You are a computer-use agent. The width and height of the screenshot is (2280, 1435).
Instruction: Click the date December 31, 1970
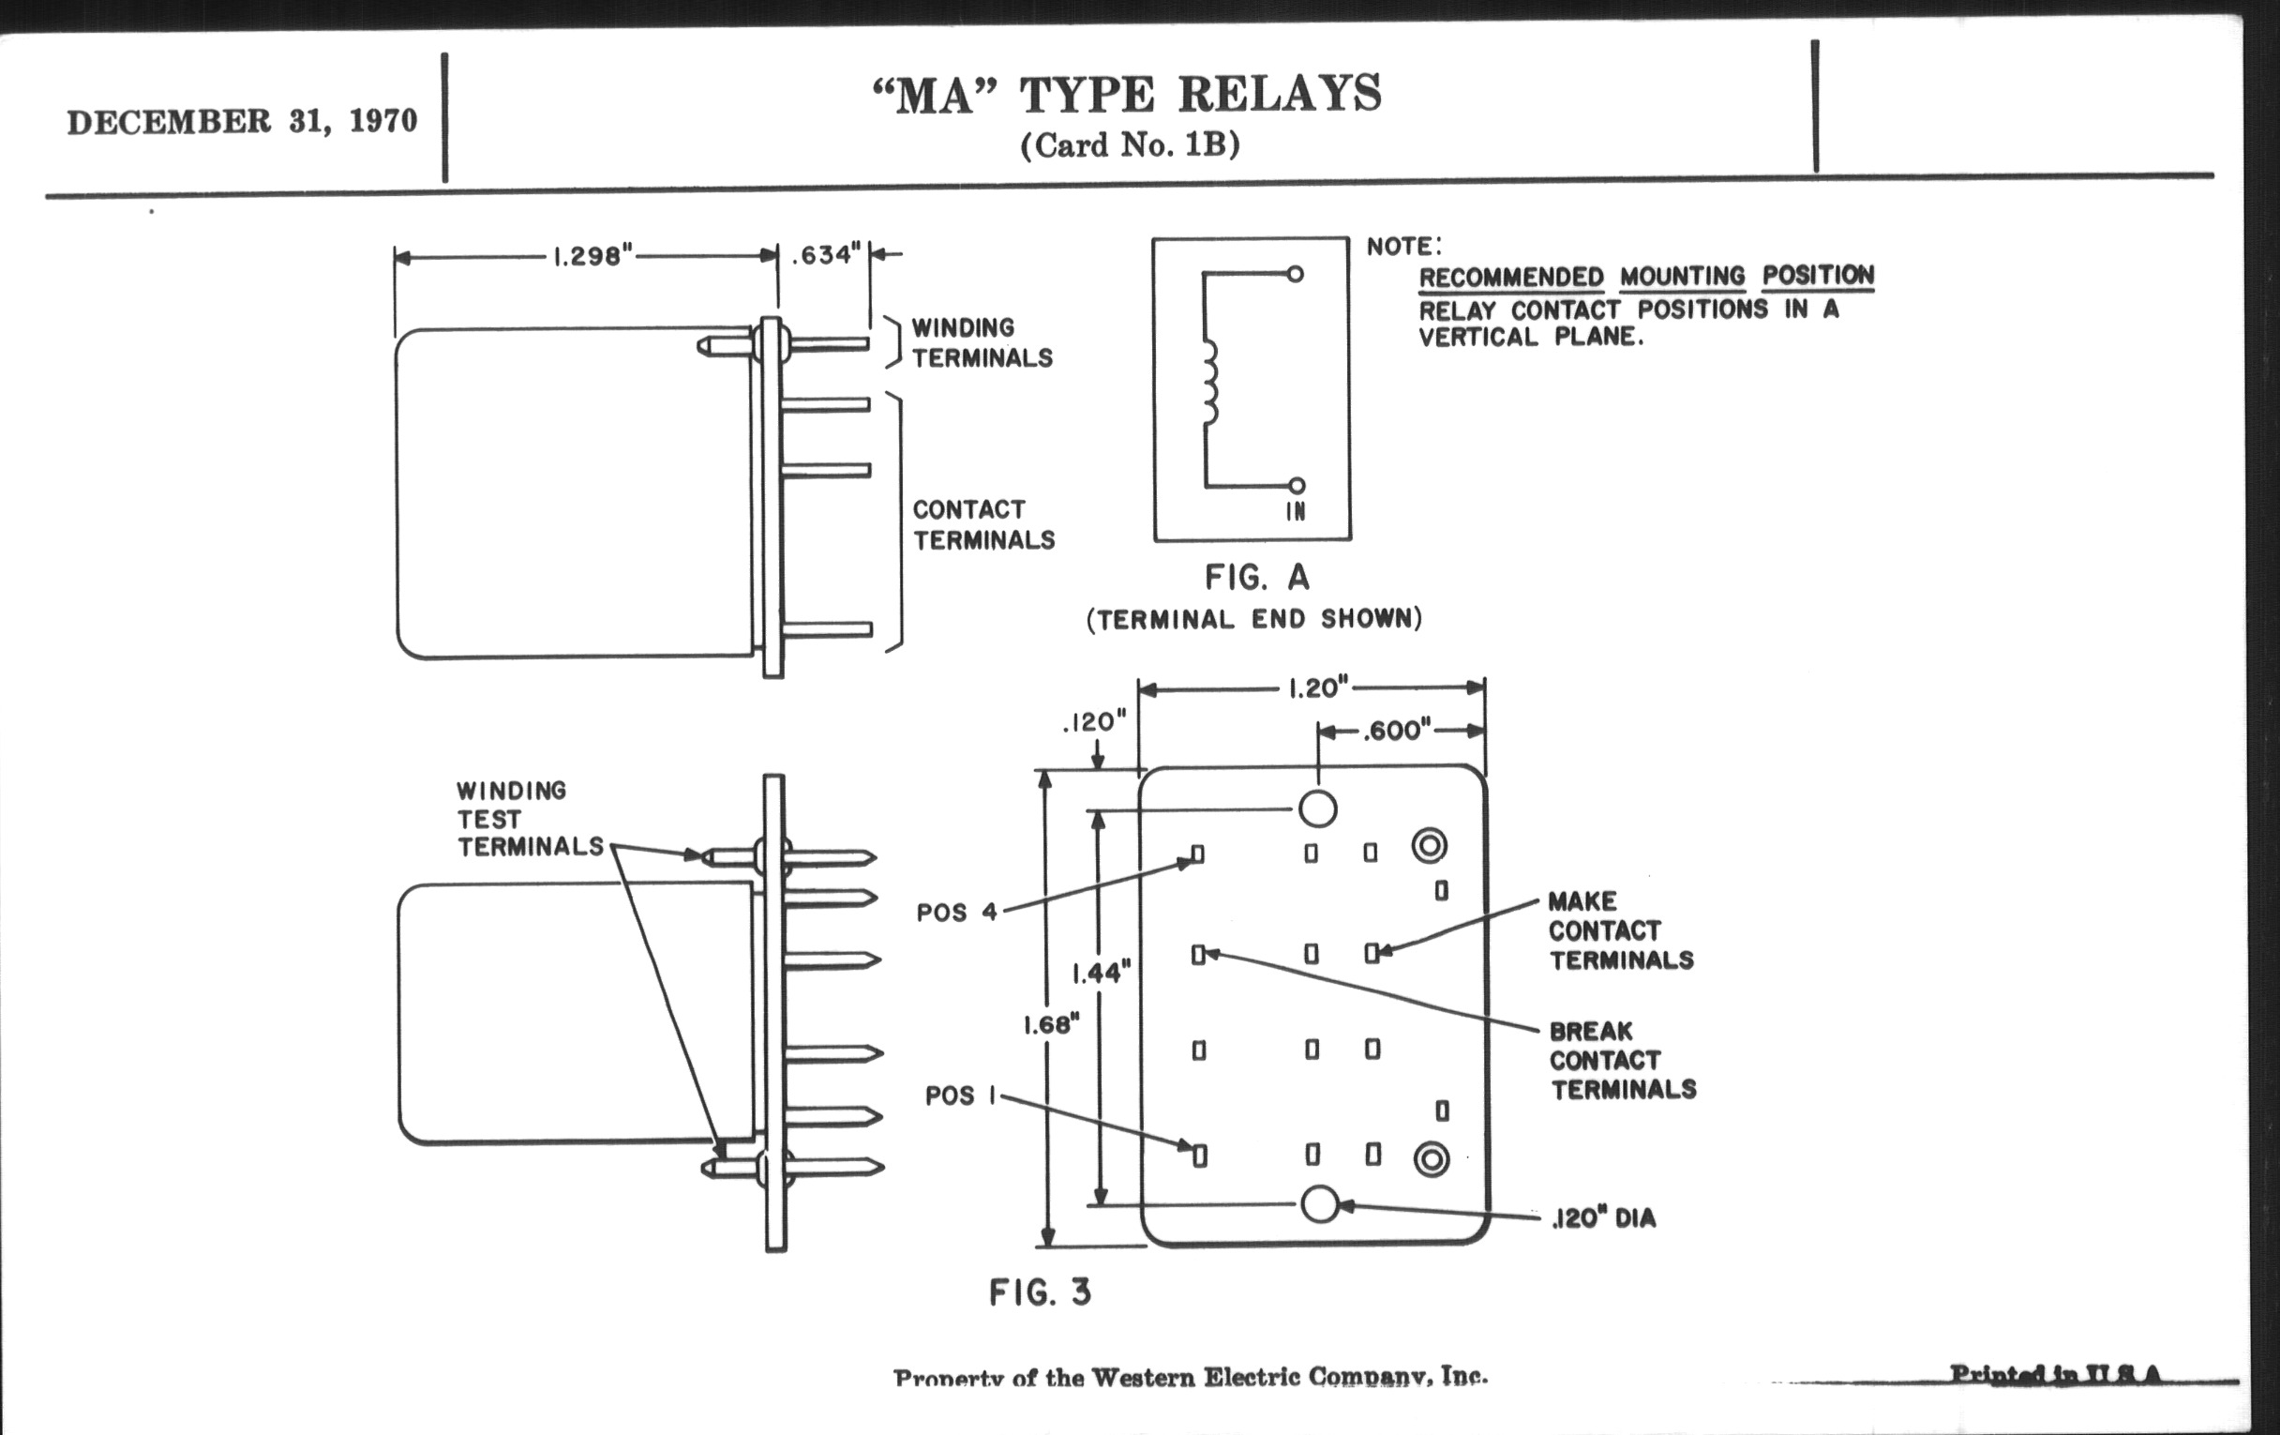point(242,122)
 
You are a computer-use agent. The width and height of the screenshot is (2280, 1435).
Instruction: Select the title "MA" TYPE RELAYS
point(1126,95)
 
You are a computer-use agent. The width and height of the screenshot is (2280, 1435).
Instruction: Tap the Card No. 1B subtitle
point(1130,145)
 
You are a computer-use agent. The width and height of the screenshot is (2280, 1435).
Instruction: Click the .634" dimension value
point(826,254)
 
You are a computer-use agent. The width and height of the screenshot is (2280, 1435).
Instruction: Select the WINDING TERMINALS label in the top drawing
point(981,343)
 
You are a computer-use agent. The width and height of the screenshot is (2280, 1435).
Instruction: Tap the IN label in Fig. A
point(1296,511)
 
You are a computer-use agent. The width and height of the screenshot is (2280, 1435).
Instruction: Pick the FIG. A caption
point(1256,577)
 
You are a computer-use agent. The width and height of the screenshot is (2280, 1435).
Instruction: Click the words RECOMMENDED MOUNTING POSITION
point(1645,277)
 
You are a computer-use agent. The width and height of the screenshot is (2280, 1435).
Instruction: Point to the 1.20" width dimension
point(1317,687)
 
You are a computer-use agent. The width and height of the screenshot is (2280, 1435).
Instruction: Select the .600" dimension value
point(1397,731)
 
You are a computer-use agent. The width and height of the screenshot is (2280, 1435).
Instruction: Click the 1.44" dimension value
point(1102,973)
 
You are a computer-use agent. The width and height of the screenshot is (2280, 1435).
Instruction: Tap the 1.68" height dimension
point(1051,1024)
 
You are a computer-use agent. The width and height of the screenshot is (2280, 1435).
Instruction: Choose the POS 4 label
point(956,913)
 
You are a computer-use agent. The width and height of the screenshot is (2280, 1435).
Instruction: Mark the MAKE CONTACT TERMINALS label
point(1620,930)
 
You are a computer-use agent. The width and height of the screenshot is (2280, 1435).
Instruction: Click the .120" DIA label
point(1603,1218)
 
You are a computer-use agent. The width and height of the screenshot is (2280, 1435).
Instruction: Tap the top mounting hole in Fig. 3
point(1317,808)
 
